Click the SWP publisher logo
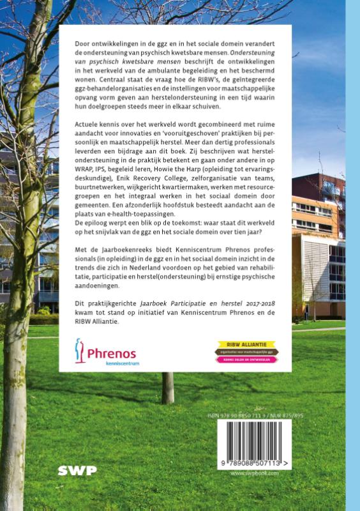coord(78,471)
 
